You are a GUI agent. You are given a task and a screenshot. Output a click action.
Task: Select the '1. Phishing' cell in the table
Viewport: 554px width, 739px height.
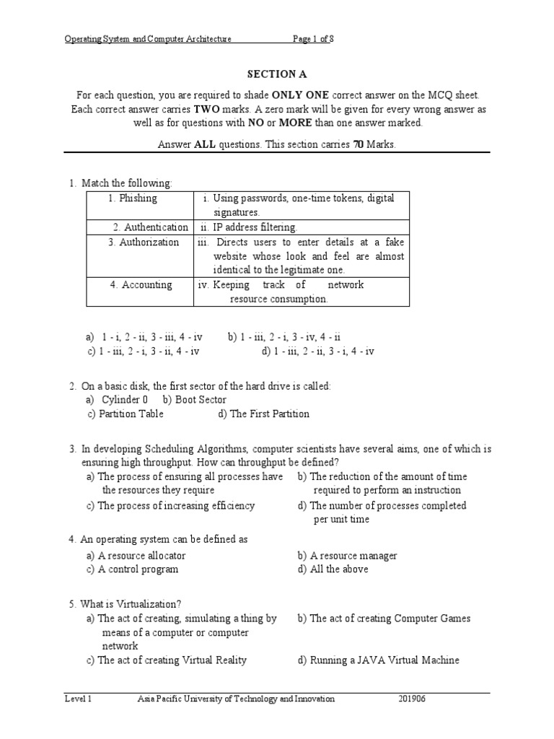tap(133, 198)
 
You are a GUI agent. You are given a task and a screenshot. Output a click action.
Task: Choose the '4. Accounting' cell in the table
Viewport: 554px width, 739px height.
tap(141, 284)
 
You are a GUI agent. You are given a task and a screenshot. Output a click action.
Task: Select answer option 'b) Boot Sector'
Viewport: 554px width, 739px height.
tap(195, 399)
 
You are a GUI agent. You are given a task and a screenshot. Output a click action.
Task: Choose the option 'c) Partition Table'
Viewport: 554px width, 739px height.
tap(125, 414)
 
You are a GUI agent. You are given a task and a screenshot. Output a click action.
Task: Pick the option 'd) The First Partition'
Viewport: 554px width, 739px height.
tap(263, 414)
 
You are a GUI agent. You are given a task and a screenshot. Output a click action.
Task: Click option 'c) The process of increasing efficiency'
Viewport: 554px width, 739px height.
tap(170, 505)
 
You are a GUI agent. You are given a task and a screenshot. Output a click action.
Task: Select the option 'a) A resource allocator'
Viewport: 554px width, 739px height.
tap(136, 555)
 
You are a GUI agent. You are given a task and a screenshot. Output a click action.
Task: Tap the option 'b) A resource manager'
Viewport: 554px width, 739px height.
tap(347, 555)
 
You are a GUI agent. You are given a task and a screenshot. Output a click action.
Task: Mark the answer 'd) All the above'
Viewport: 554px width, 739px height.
tap(333, 569)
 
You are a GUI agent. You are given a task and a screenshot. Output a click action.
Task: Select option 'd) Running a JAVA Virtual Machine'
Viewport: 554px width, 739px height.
tap(378, 660)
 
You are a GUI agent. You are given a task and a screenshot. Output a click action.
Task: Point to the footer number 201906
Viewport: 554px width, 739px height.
tap(413, 699)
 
